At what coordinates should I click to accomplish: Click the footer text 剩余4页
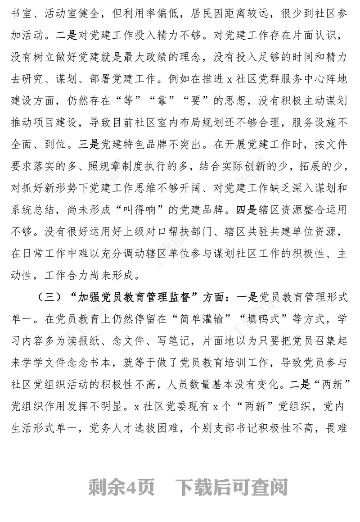[122, 487]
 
